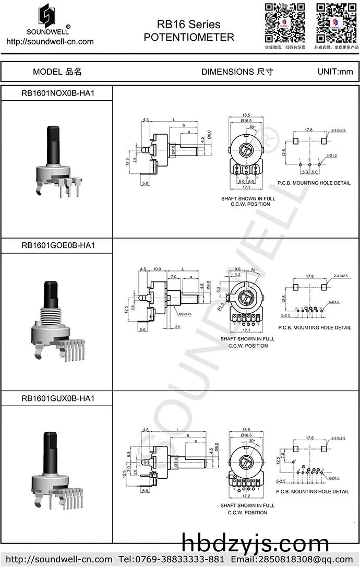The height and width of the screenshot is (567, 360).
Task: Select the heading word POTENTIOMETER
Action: (189, 38)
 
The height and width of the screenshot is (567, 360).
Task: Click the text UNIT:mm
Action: (335, 72)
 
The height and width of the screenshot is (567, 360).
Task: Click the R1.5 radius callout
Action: (221, 306)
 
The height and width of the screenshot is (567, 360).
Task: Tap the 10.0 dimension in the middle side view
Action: (157, 269)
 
